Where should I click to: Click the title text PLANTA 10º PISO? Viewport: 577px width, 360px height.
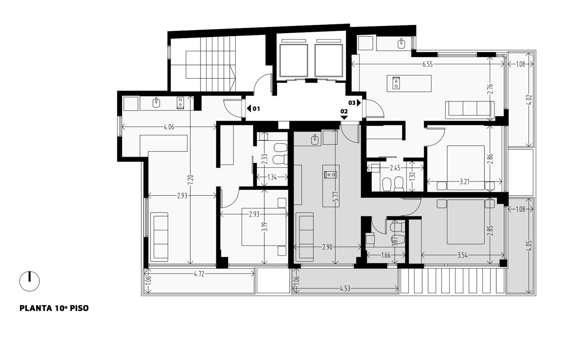[54, 308]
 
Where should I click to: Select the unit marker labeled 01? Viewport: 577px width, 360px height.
[254, 109]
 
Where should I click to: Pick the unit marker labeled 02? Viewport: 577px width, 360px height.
[344, 114]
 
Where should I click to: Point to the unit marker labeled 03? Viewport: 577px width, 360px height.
[355, 103]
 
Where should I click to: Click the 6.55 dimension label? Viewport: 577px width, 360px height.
[428, 65]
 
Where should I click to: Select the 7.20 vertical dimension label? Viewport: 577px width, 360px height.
[190, 180]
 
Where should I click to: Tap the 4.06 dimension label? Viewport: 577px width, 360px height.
[169, 127]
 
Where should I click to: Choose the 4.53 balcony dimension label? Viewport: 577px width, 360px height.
[345, 289]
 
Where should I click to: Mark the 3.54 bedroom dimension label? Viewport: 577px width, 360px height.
[462, 255]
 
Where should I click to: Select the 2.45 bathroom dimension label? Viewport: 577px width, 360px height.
[395, 168]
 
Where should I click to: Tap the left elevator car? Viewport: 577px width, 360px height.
[294, 61]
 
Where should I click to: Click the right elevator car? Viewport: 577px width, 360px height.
[329, 61]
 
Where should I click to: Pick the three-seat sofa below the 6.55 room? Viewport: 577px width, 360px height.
[470, 110]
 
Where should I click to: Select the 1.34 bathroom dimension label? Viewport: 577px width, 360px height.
[272, 177]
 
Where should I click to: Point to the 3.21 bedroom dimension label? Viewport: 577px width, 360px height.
[464, 182]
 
